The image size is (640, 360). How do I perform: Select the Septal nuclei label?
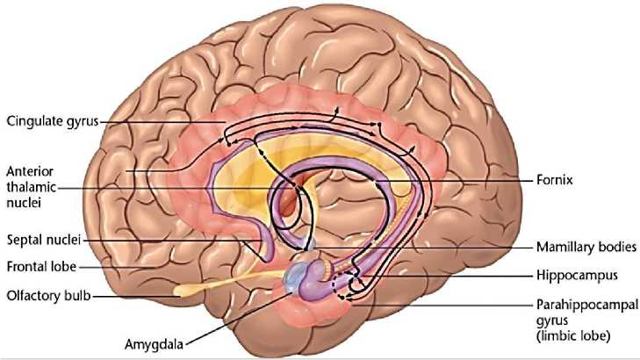(x=42, y=238)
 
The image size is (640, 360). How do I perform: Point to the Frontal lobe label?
(x=41, y=263)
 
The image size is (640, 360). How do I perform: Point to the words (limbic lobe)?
(x=586, y=335)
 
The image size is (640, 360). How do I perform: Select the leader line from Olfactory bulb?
(x=132, y=296)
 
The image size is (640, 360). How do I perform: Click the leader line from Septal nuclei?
(x=176, y=238)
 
